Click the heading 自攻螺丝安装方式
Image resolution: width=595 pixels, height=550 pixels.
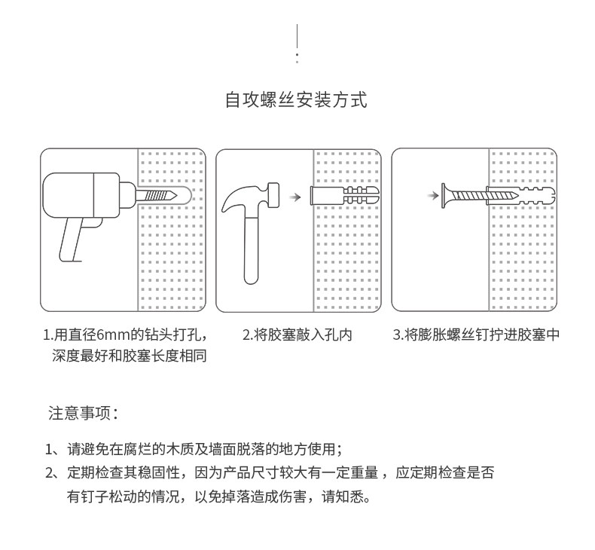click(297, 100)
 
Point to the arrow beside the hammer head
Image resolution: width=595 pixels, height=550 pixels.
click(296, 197)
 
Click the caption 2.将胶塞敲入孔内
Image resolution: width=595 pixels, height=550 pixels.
click(297, 335)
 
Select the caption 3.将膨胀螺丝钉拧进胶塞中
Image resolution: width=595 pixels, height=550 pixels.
click(476, 335)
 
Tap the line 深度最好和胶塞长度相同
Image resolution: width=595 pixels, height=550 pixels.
click(129, 356)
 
